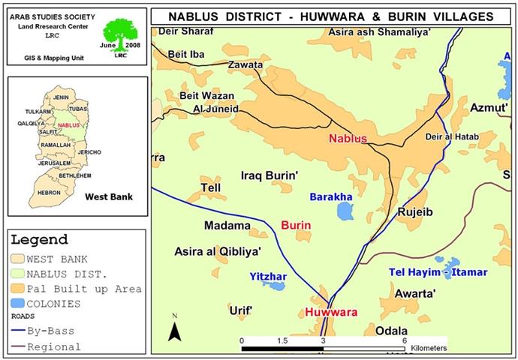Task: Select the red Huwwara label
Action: [330, 312]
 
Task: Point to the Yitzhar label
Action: [268, 277]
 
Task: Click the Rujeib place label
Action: [416, 212]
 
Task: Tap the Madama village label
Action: [227, 225]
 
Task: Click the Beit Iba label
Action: [186, 53]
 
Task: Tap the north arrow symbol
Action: [174, 329]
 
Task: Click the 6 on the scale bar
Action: [404, 340]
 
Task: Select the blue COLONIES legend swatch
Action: [18, 304]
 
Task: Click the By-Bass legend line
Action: [18, 331]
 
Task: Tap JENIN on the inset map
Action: [62, 97]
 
